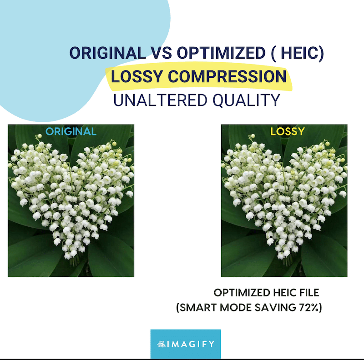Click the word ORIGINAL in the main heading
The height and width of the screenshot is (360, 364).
click(108, 53)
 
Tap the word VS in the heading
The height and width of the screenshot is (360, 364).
click(162, 53)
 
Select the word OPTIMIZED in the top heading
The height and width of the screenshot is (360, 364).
click(221, 53)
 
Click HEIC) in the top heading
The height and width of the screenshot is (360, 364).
click(302, 53)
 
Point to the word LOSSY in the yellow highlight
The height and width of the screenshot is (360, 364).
click(137, 76)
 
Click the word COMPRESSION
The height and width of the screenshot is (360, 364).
click(227, 76)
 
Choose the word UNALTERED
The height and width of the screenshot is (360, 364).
click(160, 100)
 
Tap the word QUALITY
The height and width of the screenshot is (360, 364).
click(246, 100)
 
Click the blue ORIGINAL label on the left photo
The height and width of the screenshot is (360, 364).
click(71, 131)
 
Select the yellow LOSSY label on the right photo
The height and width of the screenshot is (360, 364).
click(288, 131)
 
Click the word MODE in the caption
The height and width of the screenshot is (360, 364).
click(236, 308)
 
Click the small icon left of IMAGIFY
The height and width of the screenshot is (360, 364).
click(162, 344)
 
